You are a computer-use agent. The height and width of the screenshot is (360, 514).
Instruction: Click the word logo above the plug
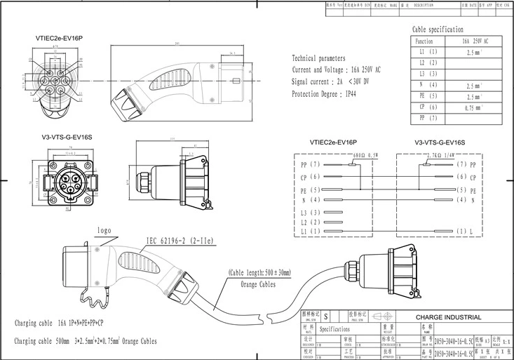(105, 229)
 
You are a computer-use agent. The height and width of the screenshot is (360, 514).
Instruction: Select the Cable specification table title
(438, 29)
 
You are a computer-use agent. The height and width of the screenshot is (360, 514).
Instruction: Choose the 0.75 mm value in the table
(473, 107)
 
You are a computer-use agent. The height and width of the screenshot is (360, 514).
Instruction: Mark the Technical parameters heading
(318, 59)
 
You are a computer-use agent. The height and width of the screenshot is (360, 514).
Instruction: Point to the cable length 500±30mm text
(259, 273)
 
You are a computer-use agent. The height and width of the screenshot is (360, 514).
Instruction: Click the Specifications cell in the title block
(334, 328)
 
